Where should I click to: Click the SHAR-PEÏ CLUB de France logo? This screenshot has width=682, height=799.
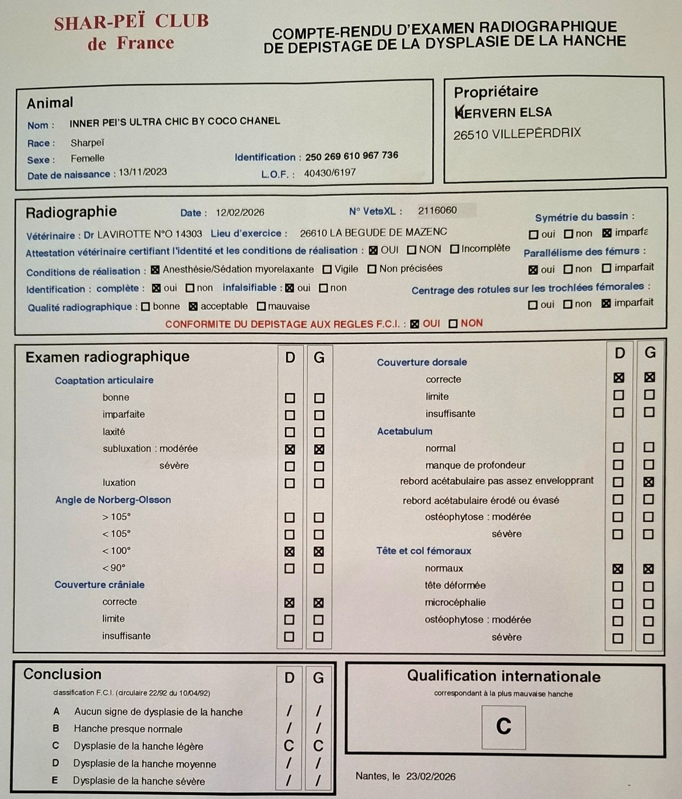(131, 32)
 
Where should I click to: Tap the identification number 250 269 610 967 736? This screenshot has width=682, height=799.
(351, 155)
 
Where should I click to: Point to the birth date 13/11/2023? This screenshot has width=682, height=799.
(143, 172)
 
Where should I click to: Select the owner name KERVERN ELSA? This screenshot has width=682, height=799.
(503, 113)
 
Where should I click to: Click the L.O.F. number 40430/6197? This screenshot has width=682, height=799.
(330, 172)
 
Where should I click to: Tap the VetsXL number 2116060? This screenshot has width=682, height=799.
(438, 210)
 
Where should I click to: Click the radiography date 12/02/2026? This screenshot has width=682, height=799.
(240, 212)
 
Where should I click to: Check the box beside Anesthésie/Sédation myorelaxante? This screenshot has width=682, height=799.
(155, 270)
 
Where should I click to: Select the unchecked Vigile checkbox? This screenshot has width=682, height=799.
(327, 269)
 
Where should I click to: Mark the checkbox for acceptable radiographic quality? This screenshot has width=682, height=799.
(193, 307)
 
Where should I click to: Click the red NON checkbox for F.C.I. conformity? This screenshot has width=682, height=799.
(453, 324)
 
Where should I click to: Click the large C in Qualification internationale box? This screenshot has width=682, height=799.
(503, 726)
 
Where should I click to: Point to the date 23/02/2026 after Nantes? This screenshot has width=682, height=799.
(431, 776)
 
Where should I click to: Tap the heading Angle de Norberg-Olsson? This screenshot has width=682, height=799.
(113, 500)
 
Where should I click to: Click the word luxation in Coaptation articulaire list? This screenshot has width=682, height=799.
(119, 483)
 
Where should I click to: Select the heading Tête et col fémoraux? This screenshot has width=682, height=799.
(423, 551)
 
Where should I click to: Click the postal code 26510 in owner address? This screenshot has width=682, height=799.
(470, 135)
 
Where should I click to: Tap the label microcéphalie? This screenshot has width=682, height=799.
(455, 603)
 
